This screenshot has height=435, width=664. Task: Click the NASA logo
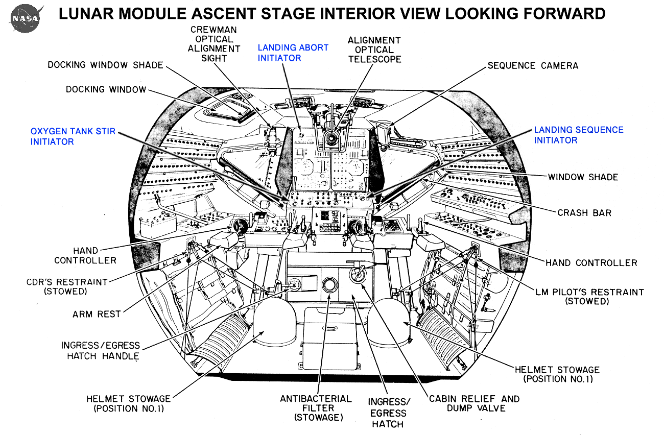pyautogui.click(x=27, y=18)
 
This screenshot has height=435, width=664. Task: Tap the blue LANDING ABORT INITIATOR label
pyautogui.click(x=293, y=53)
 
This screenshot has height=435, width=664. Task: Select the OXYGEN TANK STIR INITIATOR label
pyautogui.click(x=73, y=136)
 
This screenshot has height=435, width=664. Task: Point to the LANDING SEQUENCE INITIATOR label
pyautogui.click(x=579, y=135)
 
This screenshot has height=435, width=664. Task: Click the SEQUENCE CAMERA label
pyautogui.click(x=533, y=65)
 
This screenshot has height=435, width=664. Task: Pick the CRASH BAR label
pyautogui.click(x=584, y=213)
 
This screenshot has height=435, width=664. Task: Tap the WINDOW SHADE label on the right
pyautogui.click(x=583, y=177)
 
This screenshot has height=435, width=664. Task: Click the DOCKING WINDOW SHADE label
pyautogui.click(x=106, y=65)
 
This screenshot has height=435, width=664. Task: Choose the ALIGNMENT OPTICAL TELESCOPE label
pyautogui.click(x=374, y=50)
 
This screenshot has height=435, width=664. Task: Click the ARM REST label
pyautogui.click(x=97, y=314)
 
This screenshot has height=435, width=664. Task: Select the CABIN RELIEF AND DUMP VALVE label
pyautogui.click(x=475, y=403)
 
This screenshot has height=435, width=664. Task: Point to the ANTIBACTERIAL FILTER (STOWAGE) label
pyautogui.click(x=316, y=408)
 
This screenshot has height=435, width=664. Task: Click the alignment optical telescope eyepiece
pyautogui.click(x=330, y=139)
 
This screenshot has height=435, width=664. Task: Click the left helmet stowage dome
pyautogui.click(x=275, y=321)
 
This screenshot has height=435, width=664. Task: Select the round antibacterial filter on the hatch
pyautogui.click(x=329, y=285)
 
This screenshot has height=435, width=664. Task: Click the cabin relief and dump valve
pyautogui.click(x=358, y=274)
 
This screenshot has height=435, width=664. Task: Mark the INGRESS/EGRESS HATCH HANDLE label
pyautogui.click(x=101, y=351)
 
